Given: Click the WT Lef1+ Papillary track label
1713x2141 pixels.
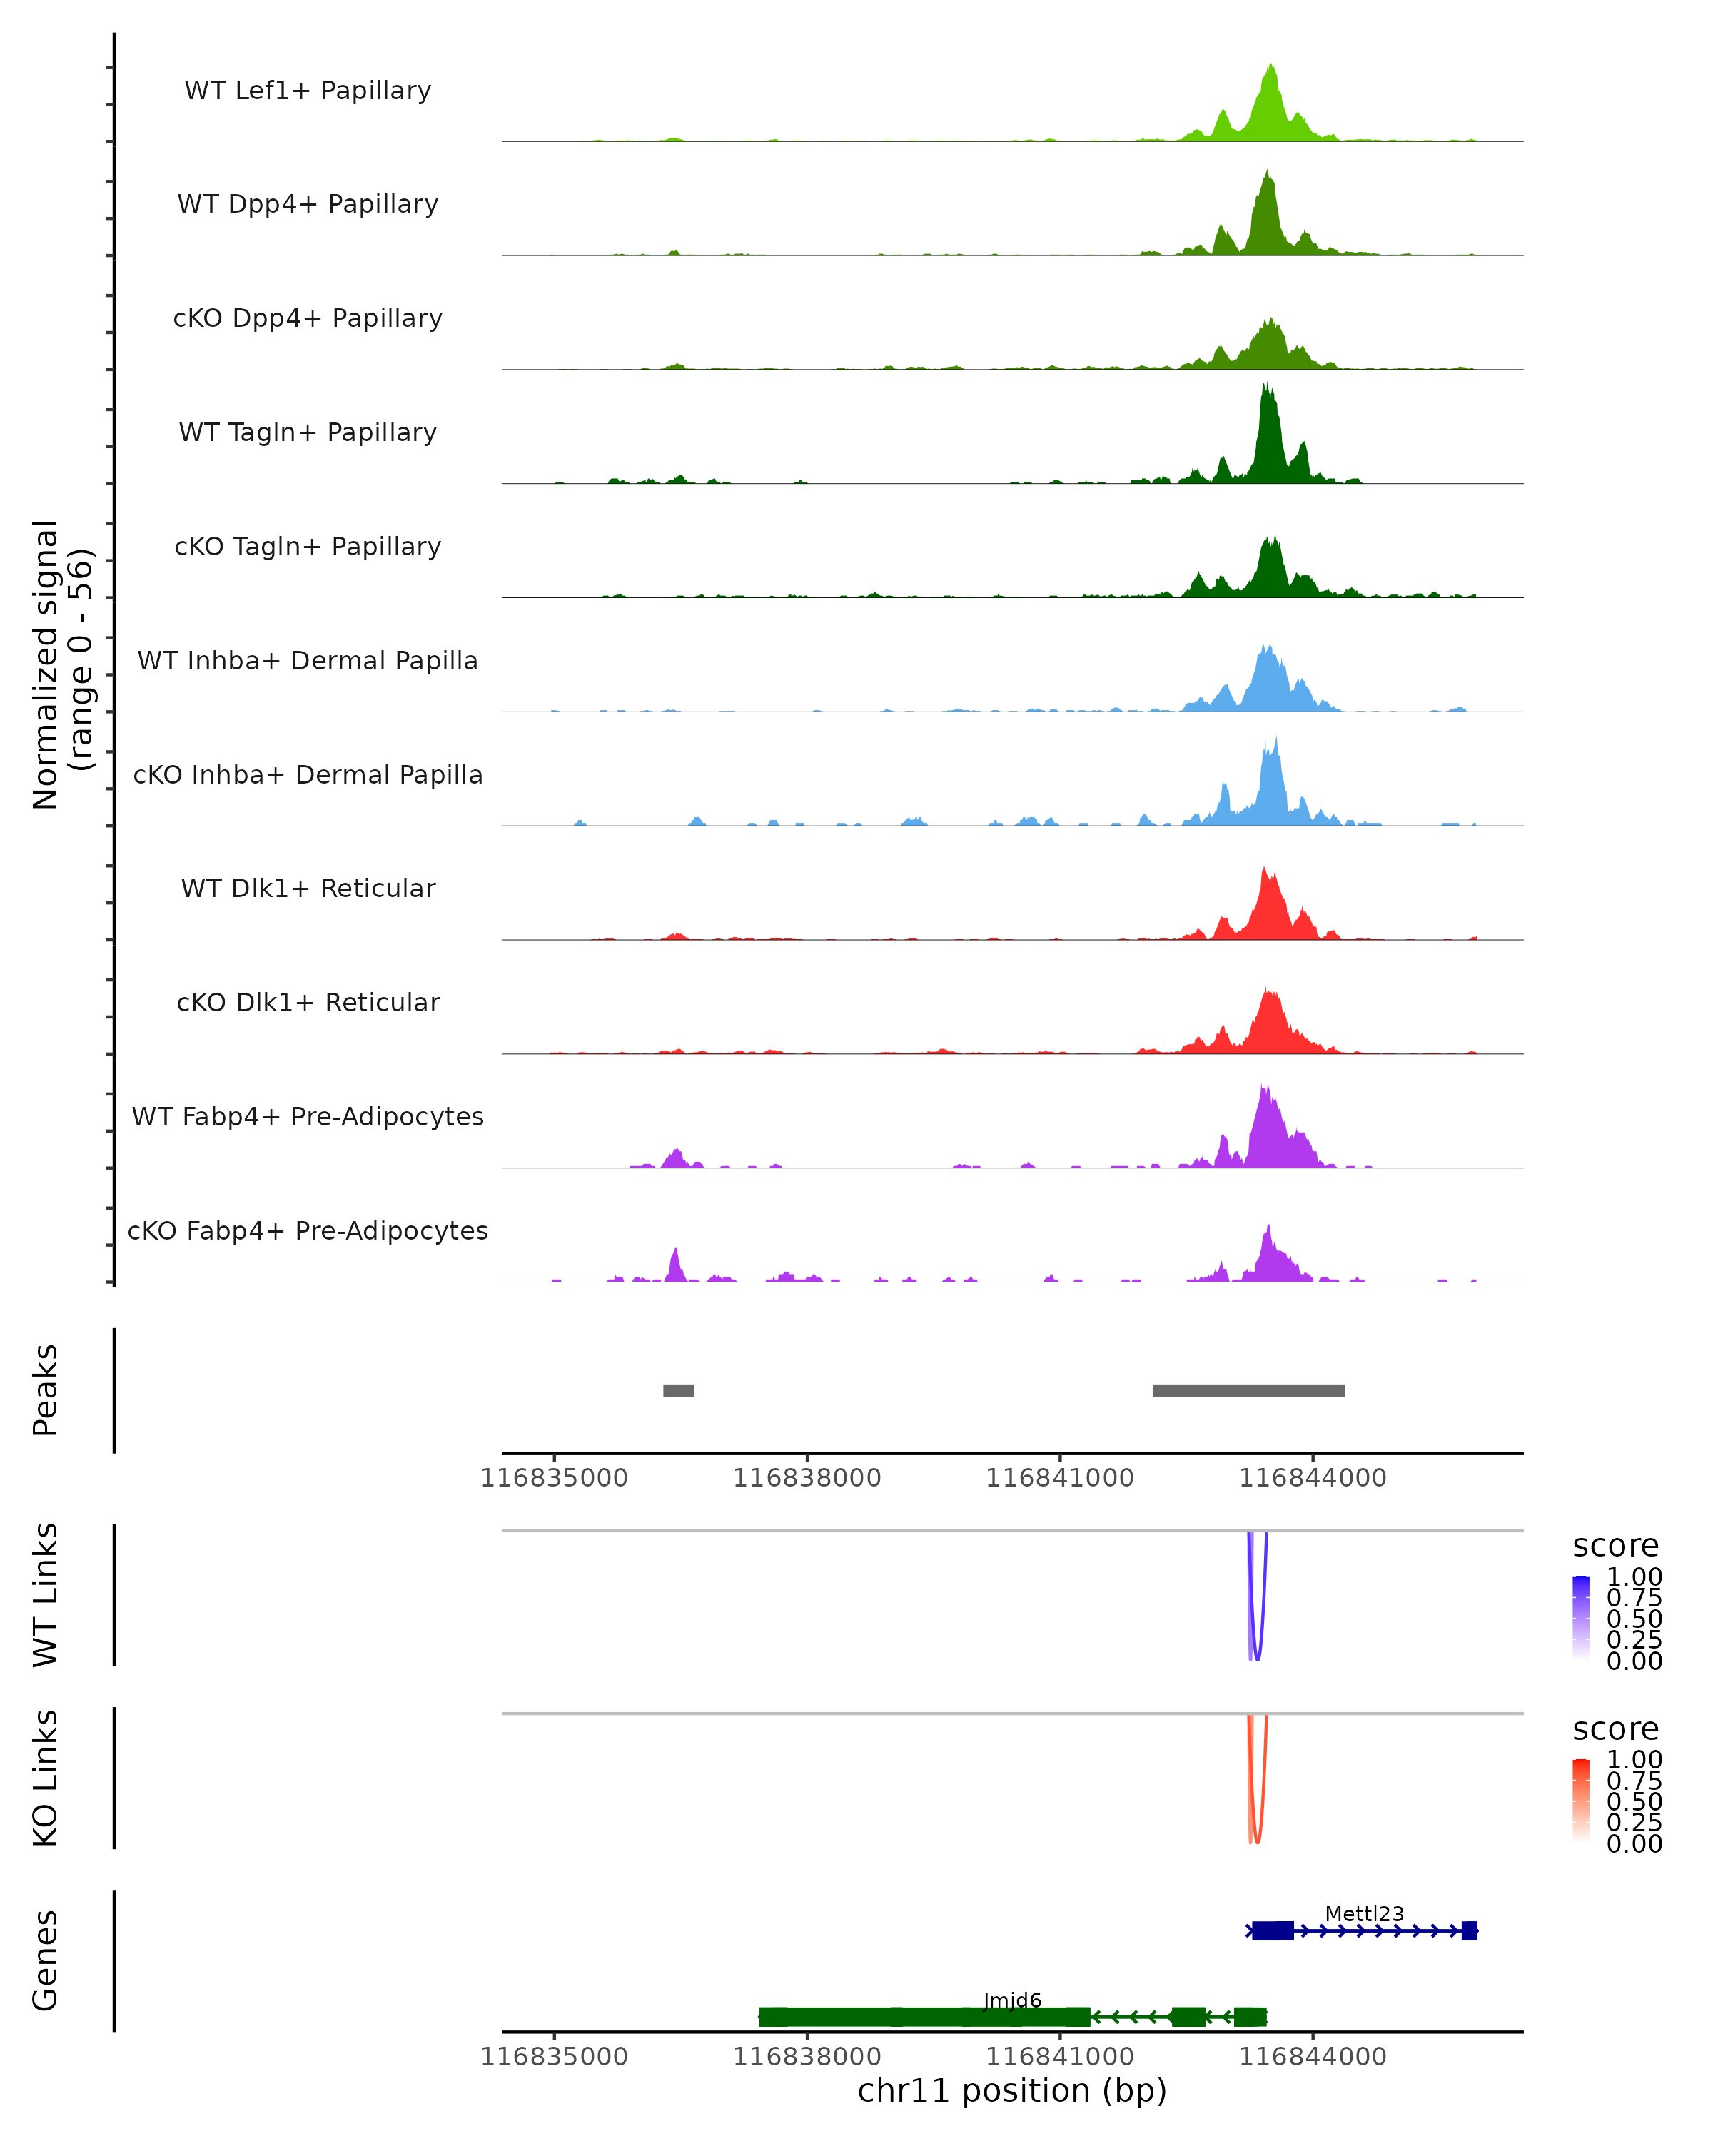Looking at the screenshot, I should pos(308,91).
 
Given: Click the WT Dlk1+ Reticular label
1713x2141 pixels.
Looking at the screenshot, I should pos(308,888).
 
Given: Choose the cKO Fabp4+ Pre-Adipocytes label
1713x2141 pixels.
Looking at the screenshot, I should pos(308,1230).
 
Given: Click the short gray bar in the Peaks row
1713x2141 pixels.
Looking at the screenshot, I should pos(678,1390).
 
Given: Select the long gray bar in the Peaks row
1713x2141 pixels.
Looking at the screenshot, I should pos(1248,1390).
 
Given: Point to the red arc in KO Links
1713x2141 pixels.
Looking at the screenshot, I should pos(1257,1840).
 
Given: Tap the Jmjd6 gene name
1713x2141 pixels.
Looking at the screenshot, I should pos(1012,2000).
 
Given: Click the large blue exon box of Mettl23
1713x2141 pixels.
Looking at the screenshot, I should pos(1272,1930).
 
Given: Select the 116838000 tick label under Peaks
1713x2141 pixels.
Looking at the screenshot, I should pos(807,1478).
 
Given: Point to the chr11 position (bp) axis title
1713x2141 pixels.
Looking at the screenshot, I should pos(1012,2091).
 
